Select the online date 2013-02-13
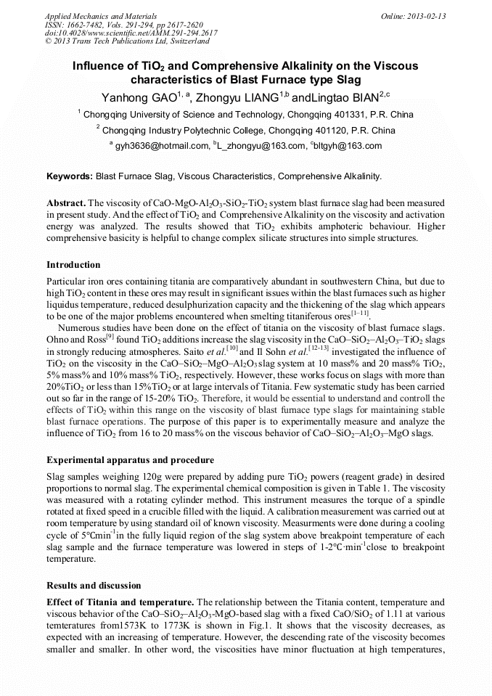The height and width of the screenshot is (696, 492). (427, 15)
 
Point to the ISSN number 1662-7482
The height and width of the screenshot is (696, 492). (86, 24)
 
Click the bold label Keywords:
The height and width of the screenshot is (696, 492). (70, 176)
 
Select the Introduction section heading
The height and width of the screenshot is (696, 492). (73, 264)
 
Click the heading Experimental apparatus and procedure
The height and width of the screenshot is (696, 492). (130, 460)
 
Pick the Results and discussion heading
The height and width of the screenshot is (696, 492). (94, 585)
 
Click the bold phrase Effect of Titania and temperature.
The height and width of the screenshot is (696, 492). (120, 602)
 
